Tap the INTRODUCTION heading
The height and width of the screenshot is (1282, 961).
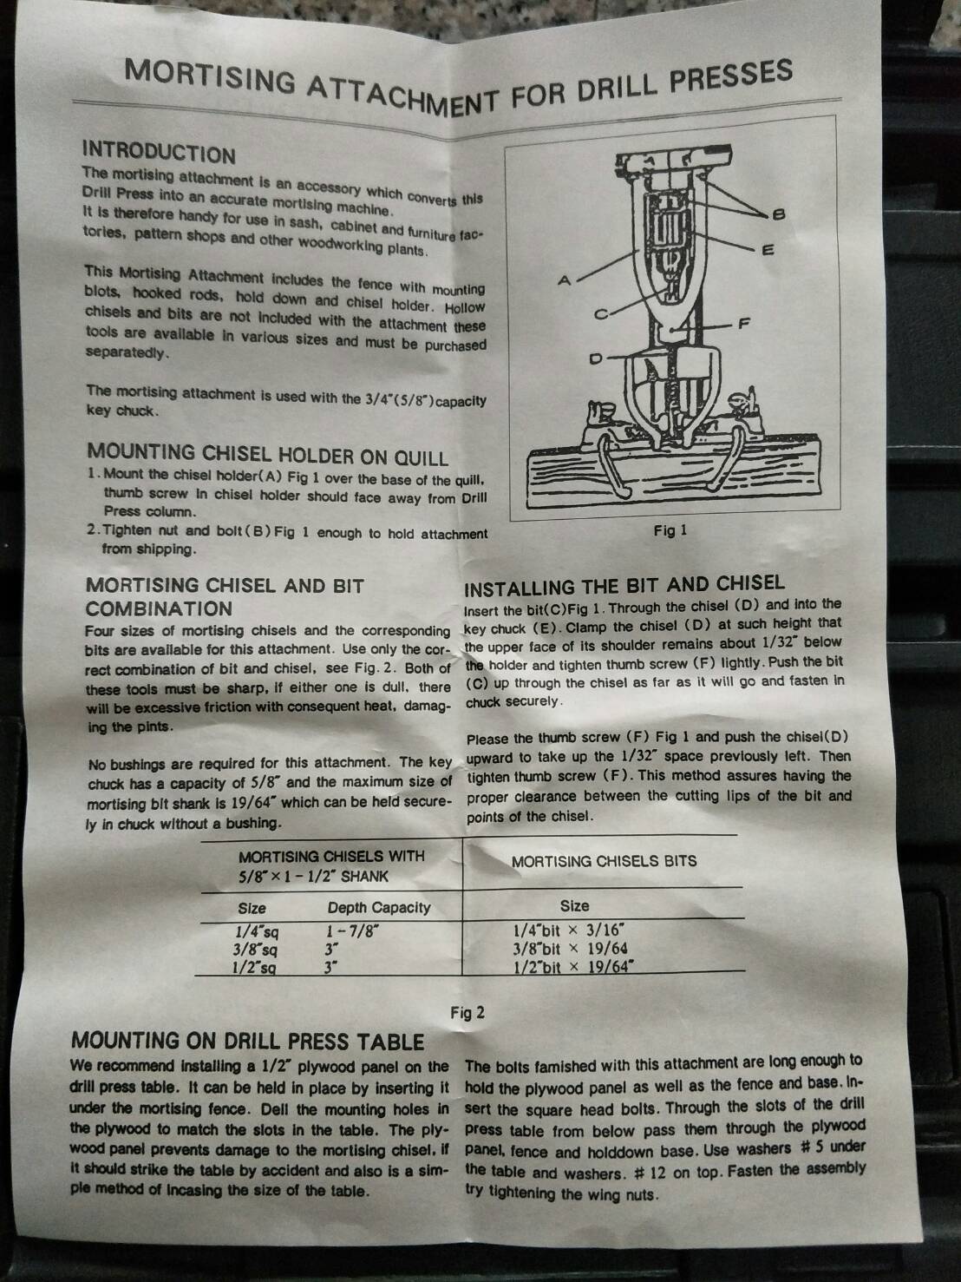(x=159, y=152)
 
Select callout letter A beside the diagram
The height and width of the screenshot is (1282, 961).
(x=564, y=281)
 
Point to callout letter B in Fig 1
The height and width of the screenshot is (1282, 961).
(x=778, y=214)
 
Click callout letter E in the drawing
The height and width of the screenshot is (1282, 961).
(x=768, y=251)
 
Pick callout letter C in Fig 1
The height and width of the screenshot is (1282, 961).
(x=601, y=315)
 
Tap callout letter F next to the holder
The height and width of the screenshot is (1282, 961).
(x=744, y=323)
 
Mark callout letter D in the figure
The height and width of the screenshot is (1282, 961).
(x=595, y=358)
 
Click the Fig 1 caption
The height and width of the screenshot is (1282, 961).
(x=670, y=530)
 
